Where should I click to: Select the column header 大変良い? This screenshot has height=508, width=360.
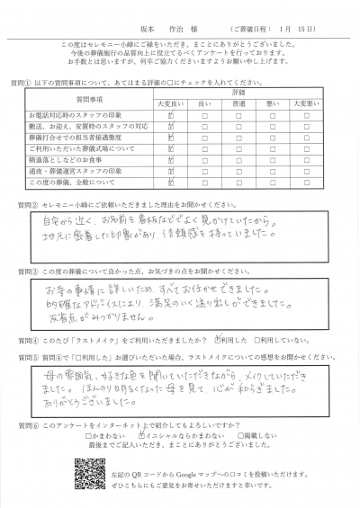point(170,103)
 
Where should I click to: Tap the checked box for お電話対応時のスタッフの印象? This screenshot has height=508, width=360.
point(170,116)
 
